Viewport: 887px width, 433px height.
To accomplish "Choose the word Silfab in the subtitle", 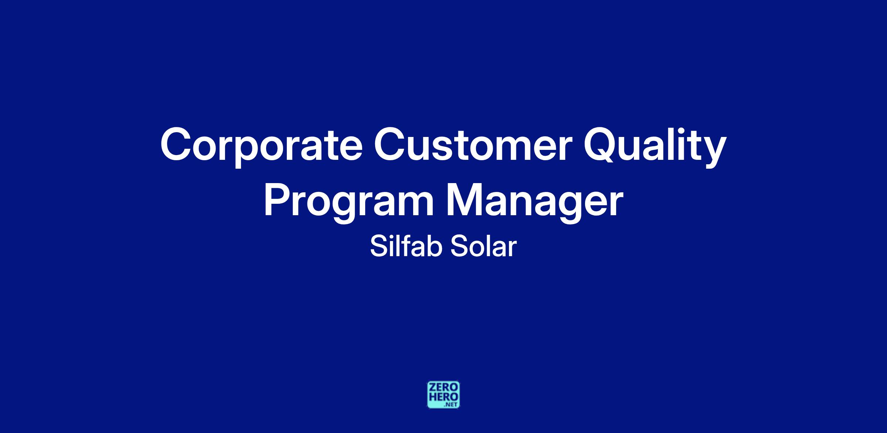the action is click(x=406, y=247).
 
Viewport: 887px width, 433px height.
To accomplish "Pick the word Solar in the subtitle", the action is click(x=483, y=247).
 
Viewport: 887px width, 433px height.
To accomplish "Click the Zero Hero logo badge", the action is click(x=443, y=395).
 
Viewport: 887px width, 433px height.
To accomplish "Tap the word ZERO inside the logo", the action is click(x=443, y=388).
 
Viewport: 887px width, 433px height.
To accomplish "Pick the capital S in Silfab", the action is click(x=378, y=247).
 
